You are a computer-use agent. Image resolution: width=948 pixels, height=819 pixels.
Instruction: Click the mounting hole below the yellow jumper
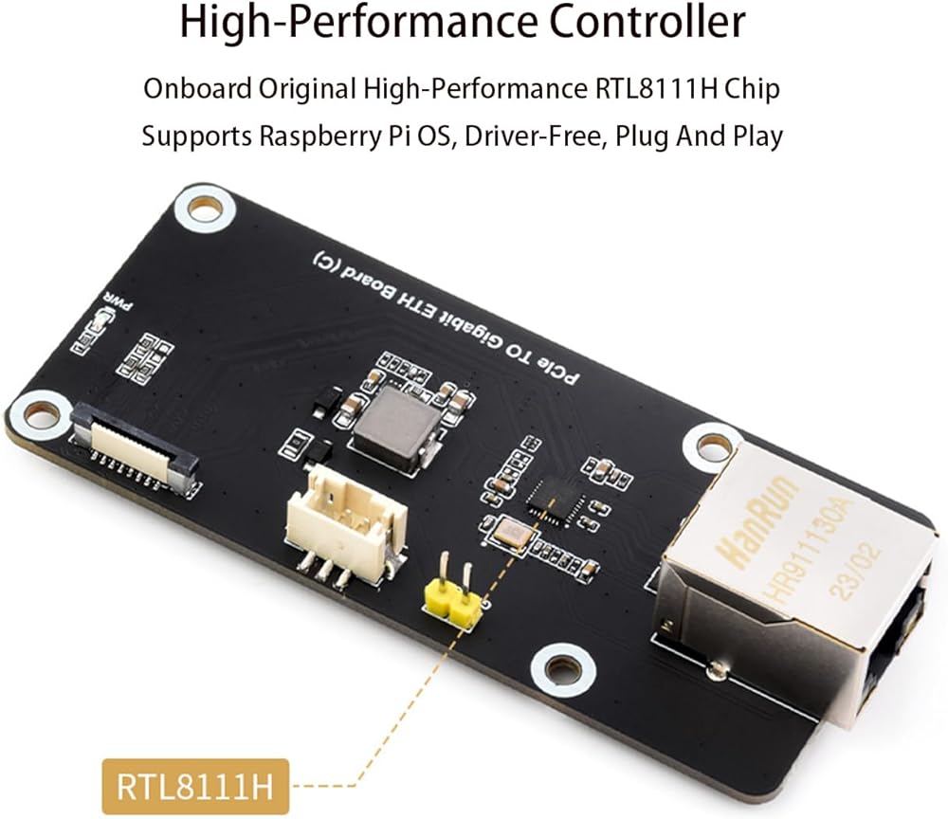tap(563, 669)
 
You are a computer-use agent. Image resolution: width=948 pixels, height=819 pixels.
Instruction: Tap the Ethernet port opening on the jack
tap(901, 654)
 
